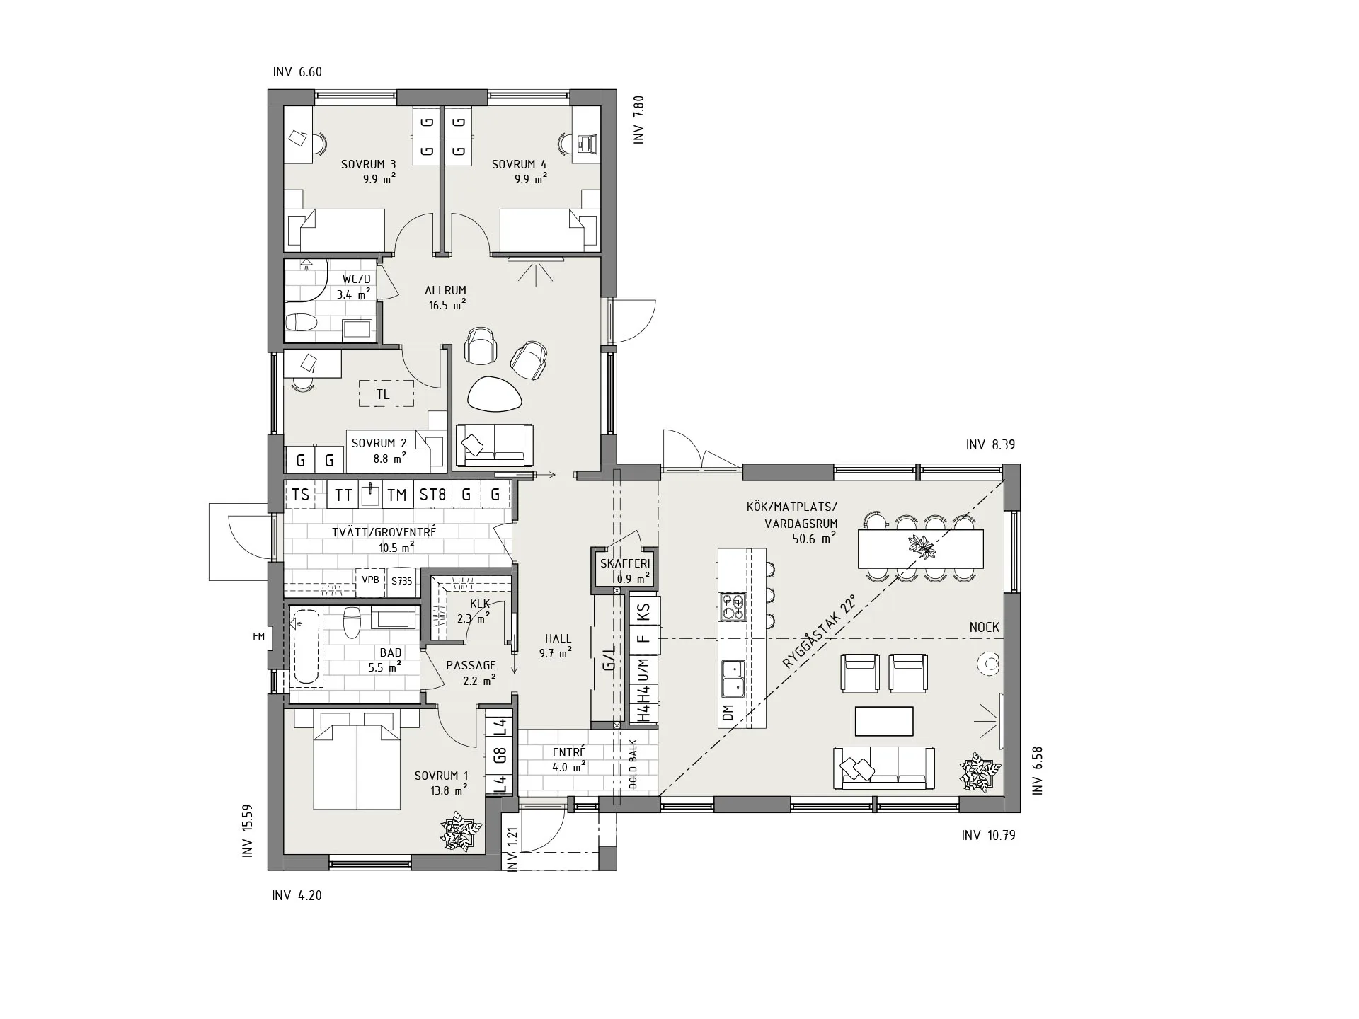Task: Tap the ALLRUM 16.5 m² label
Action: [x=446, y=298]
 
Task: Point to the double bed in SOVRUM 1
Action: [x=357, y=761]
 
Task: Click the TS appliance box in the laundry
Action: [x=300, y=494]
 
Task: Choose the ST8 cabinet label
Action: [x=432, y=495]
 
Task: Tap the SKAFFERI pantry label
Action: [x=624, y=564]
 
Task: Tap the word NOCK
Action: [x=985, y=628]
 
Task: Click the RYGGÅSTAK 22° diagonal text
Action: [x=819, y=633]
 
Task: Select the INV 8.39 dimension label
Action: [x=990, y=445]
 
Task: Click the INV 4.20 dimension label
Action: [x=297, y=896]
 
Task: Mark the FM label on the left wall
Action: [x=258, y=637]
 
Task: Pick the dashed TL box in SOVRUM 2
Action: [x=386, y=393]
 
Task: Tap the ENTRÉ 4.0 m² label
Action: [x=569, y=759]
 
